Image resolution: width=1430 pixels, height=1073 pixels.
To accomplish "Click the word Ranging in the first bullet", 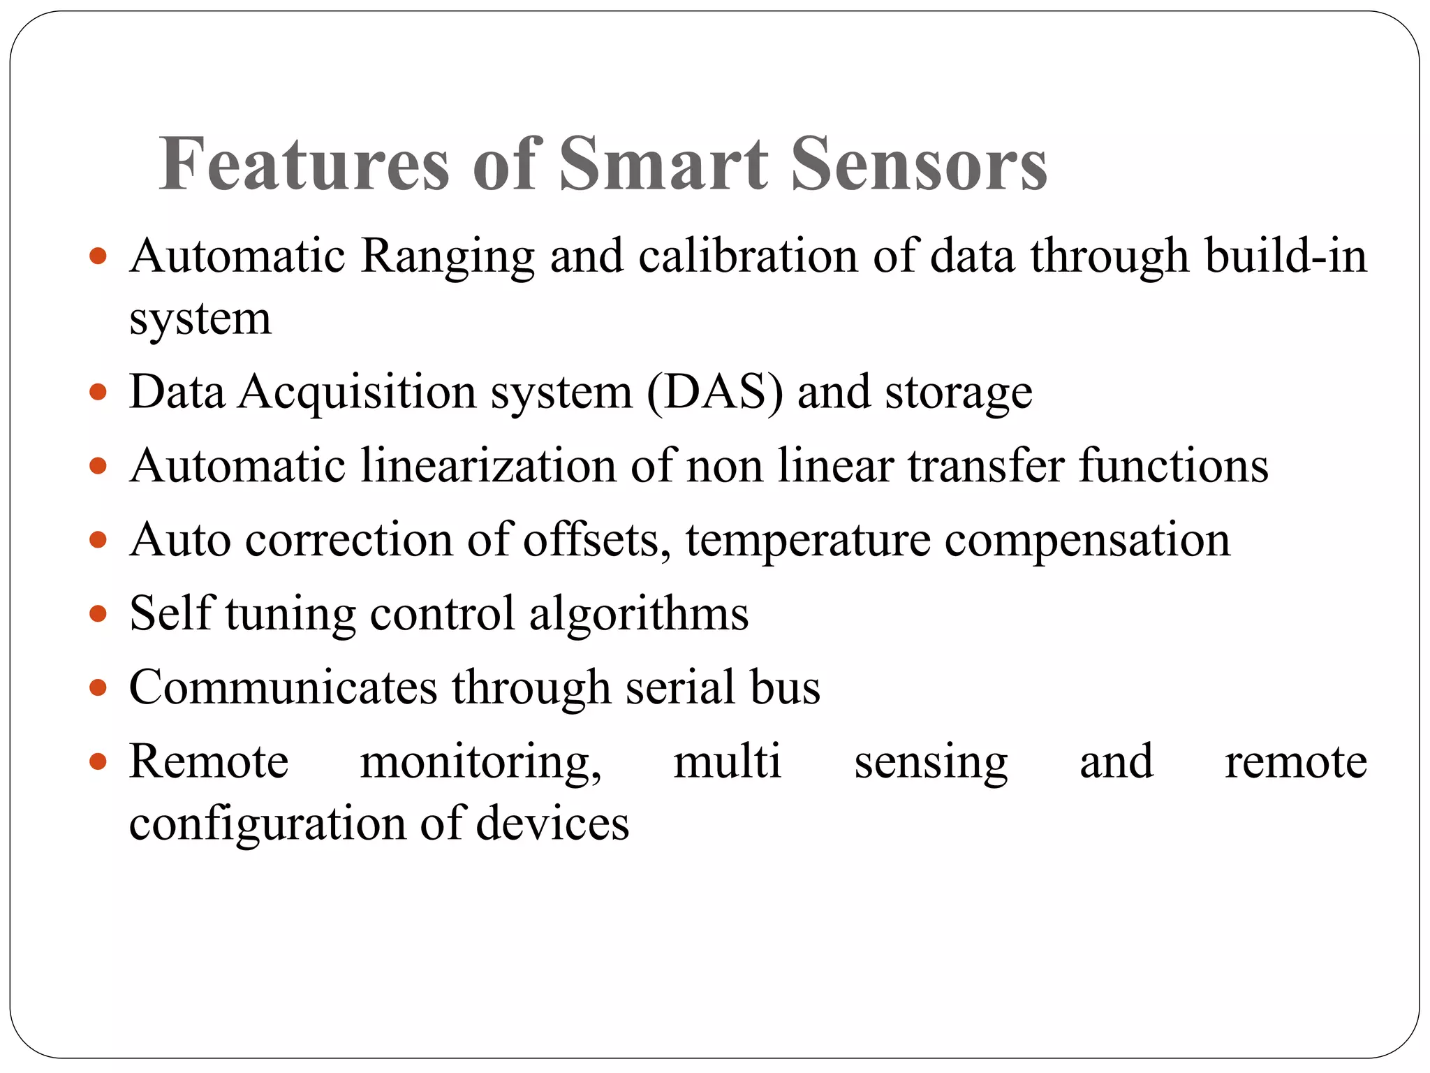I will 447,257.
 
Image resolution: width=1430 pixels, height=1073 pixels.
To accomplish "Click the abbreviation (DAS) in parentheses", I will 716,392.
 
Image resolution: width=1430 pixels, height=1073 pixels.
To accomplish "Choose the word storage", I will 958,393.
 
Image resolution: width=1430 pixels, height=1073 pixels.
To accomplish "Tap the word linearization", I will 488,466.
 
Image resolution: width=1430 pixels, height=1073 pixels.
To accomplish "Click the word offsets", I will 597,540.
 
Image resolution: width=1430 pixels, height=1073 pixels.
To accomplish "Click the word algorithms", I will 639,614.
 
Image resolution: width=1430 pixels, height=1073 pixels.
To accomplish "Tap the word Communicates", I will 283,687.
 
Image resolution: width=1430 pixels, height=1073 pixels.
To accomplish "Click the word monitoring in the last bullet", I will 480,762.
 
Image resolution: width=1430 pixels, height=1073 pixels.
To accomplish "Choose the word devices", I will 552,824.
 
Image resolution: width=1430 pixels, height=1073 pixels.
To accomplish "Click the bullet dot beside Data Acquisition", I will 98,392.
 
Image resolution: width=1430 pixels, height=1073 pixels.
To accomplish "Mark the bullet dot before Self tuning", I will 98,614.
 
